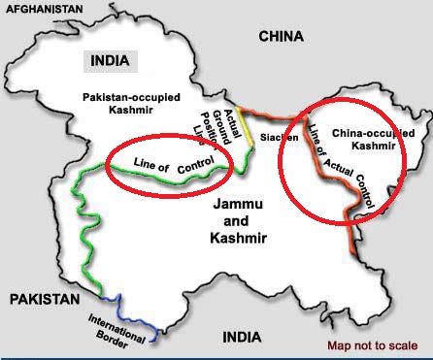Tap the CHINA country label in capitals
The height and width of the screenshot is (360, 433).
pyautogui.click(x=281, y=36)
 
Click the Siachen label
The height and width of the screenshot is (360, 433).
pyautogui.click(x=280, y=138)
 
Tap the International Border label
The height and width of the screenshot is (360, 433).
pyautogui.click(x=117, y=329)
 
